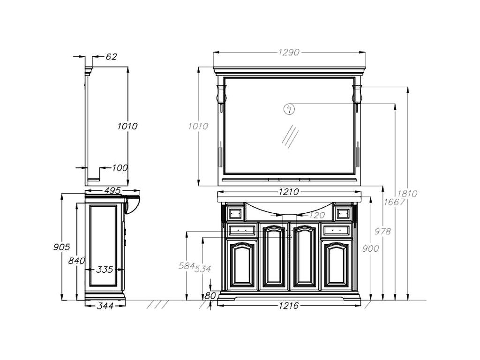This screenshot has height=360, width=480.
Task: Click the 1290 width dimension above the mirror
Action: (289, 52)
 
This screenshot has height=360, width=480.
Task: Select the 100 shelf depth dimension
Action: (120, 168)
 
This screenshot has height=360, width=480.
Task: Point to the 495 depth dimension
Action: (112, 191)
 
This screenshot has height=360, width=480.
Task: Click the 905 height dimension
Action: (61, 247)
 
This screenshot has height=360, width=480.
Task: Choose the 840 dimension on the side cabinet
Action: (76, 261)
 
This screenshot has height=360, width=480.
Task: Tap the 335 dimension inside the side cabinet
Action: (105, 270)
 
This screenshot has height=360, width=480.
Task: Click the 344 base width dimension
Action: (105, 306)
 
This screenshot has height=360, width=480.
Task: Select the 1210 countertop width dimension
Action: (289, 192)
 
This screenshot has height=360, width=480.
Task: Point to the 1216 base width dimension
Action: (289, 306)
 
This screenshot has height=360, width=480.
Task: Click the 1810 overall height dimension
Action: (407, 194)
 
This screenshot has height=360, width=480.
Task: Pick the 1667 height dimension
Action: (394, 202)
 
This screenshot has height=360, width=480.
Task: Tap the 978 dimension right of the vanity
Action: (382, 232)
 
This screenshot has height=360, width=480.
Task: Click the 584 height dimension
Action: (187, 266)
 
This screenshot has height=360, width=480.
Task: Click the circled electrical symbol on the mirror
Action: (289, 109)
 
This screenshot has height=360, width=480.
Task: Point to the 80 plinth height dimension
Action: (210, 296)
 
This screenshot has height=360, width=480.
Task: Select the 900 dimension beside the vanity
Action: (370, 248)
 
